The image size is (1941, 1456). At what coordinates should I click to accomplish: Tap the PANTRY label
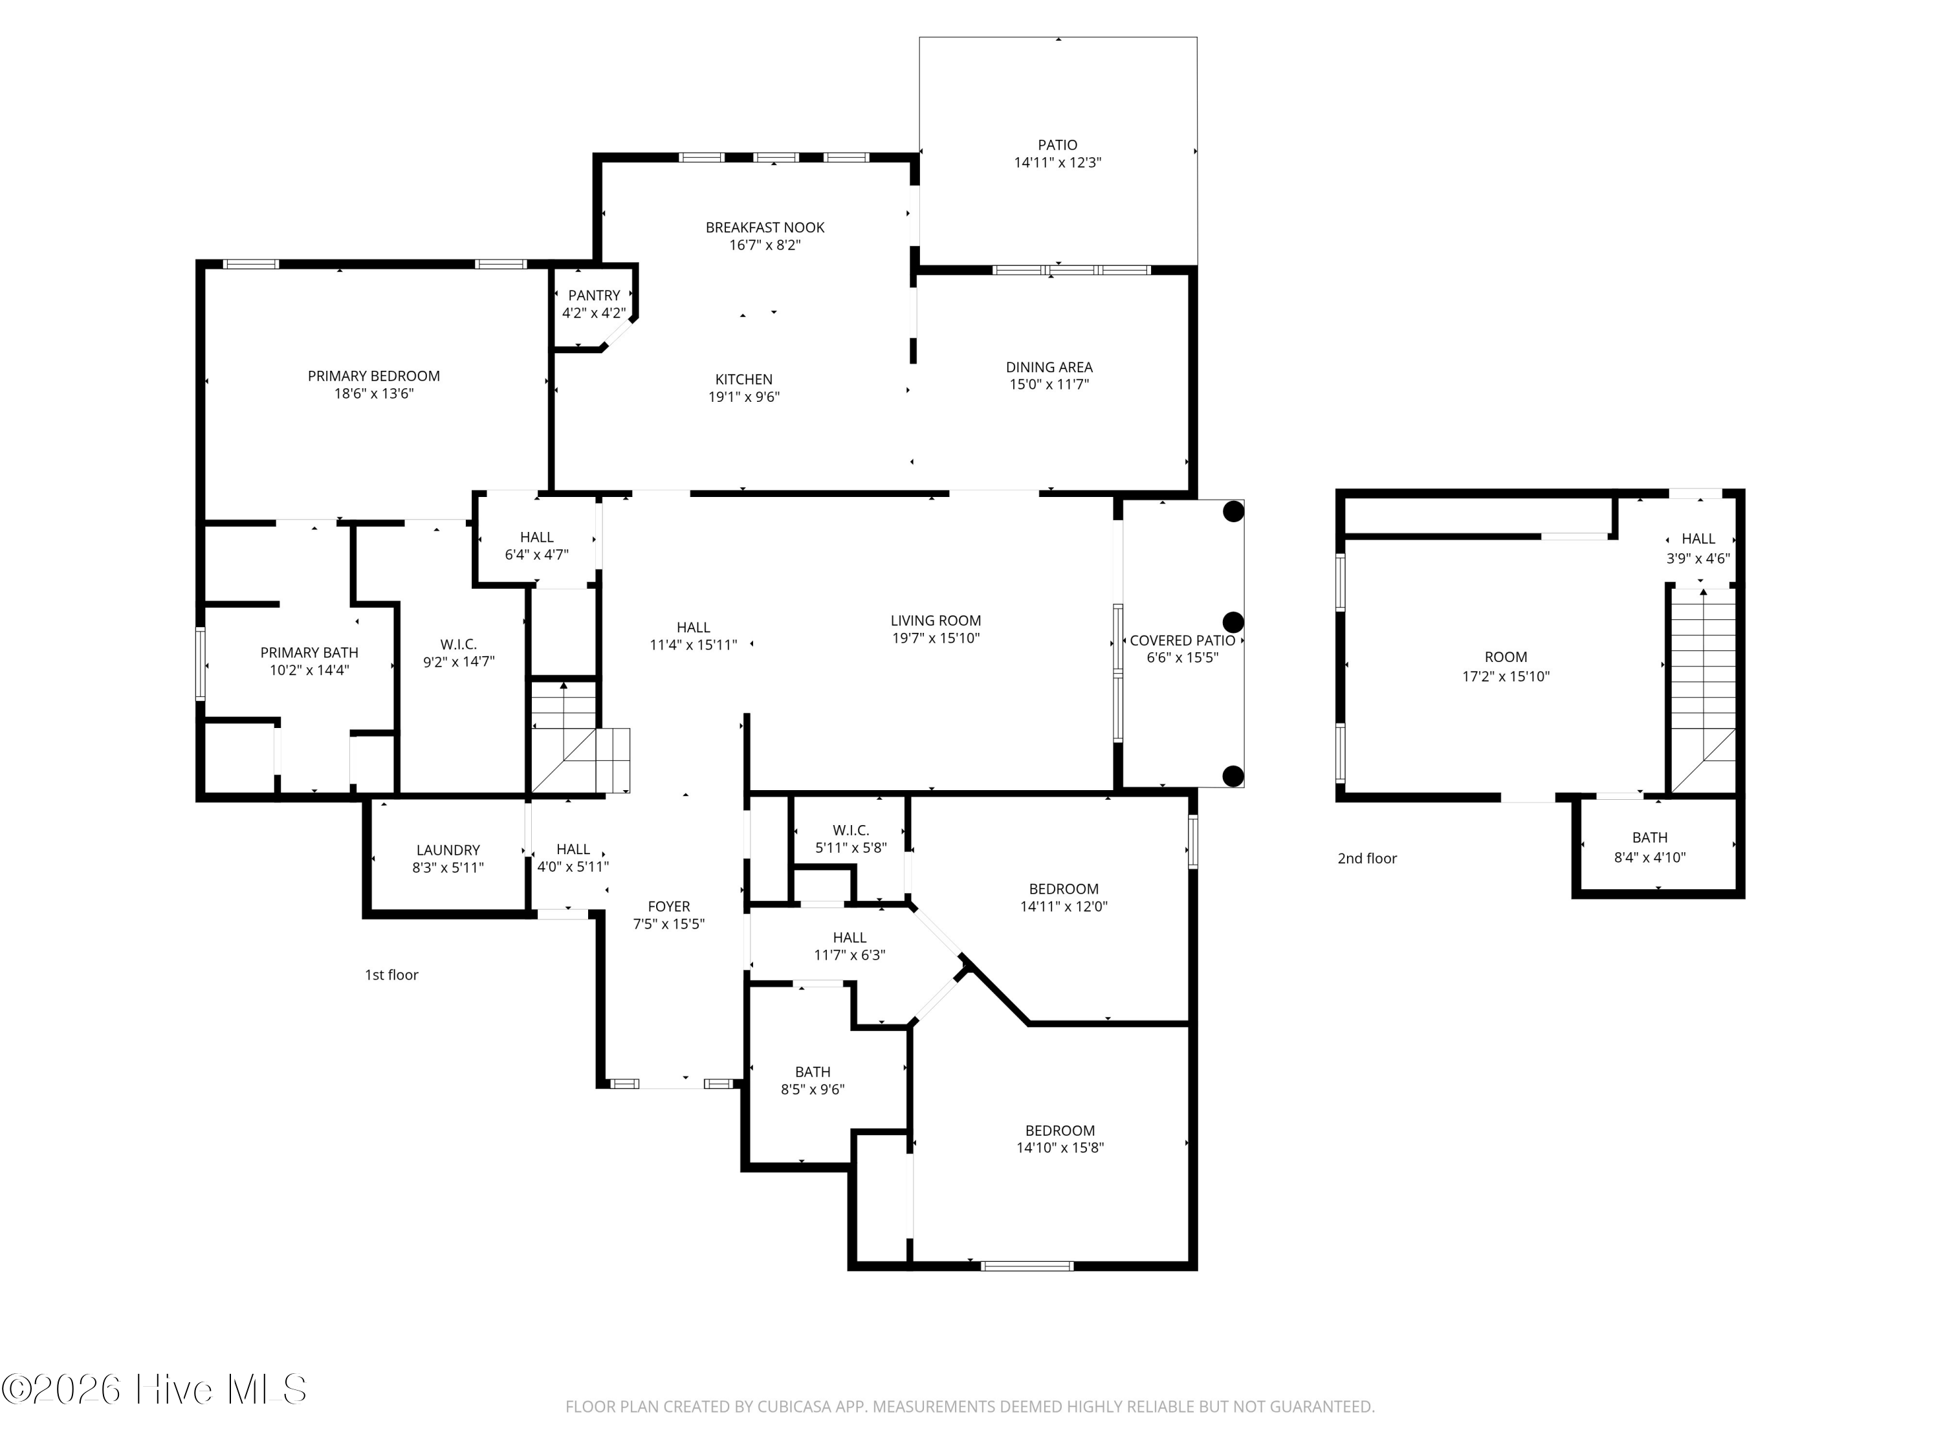(594, 296)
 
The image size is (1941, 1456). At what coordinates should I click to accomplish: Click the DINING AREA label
(1049, 368)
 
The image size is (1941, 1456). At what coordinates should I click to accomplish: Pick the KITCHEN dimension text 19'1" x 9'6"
(744, 397)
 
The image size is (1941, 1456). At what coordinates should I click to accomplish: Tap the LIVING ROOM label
(936, 621)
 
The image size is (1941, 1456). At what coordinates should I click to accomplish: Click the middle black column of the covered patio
(1233, 623)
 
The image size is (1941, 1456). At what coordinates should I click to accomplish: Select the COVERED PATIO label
(1182, 641)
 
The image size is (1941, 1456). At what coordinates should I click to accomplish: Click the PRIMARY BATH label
(309, 653)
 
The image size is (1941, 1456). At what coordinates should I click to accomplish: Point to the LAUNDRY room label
(448, 850)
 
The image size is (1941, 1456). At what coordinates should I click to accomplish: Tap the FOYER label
(668, 907)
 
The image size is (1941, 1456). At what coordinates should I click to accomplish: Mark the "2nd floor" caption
(1367, 858)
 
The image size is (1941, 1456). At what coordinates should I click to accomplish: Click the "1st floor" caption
(391, 975)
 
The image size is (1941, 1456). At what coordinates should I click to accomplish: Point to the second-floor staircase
(1702, 690)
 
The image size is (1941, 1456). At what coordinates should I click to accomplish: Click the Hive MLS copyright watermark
(155, 1389)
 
